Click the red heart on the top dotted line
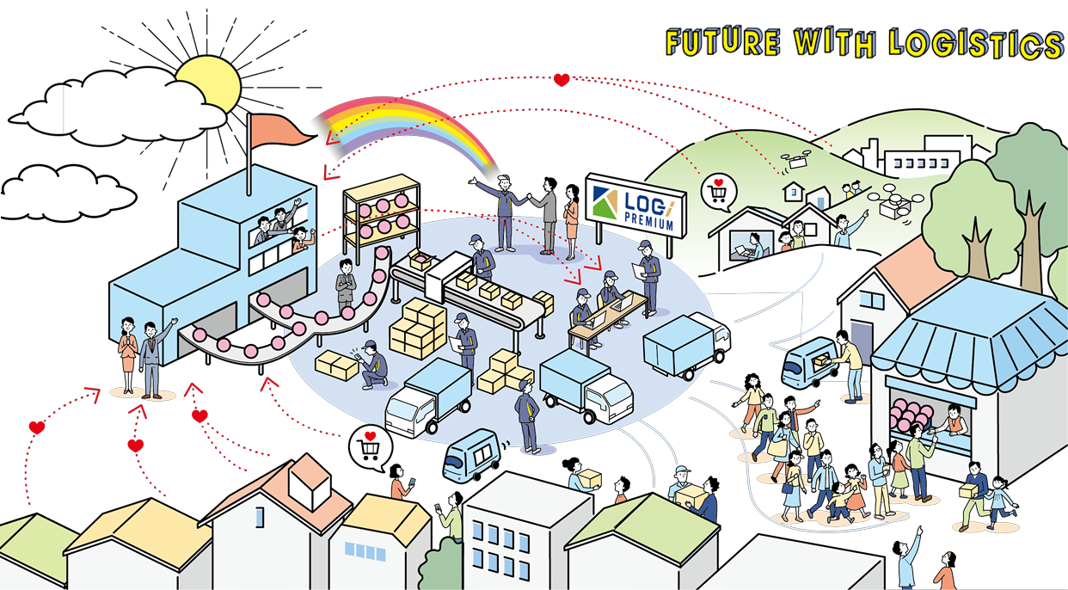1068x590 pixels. tap(562, 80)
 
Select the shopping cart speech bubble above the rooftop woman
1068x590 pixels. tap(370, 445)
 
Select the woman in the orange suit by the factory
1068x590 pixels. tap(128, 354)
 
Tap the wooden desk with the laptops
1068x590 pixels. tap(602, 315)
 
